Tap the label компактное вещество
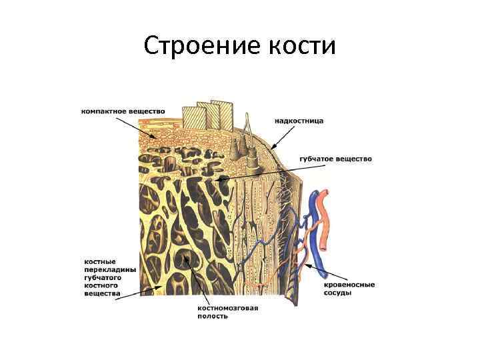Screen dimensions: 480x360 pos(123,111)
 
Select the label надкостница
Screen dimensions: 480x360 pos(299,121)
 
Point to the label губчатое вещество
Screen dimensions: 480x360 pos(336,159)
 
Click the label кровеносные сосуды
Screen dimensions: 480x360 pos(349,289)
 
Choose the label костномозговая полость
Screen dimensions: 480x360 pos(227,312)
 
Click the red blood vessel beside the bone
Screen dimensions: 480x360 pos(323,220)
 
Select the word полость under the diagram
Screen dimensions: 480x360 pos(213,316)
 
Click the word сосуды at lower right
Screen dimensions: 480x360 pos(337,293)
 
